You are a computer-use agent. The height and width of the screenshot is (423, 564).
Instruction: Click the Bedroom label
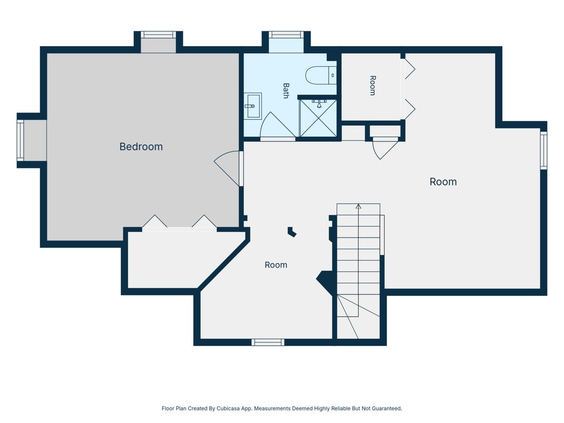(141, 147)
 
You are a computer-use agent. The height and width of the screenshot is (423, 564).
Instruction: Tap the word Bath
(286, 91)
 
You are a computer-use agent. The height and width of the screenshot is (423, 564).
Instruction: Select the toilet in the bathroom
(321, 75)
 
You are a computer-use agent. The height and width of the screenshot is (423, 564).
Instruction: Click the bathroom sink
(252, 106)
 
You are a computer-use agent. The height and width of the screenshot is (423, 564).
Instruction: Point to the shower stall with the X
(318, 118)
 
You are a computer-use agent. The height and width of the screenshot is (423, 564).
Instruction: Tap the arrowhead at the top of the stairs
(359, 206)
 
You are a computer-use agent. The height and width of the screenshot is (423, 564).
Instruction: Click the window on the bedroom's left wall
(20, 141)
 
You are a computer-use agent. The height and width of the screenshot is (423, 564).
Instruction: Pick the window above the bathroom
(286, 35)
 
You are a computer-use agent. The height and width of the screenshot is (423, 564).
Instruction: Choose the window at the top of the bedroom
(158, 35)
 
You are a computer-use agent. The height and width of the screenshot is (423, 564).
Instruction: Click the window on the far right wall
(543, 150)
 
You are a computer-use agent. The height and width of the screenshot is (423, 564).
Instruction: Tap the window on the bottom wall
(268, 342)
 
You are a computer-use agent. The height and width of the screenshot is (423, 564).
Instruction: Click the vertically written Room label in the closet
(373, 86)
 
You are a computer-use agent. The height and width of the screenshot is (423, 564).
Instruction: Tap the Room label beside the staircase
(276, 265)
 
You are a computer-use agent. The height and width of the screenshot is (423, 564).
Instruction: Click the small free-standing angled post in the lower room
(292, 231)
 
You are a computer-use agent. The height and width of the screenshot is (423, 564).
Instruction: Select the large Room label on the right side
(443, 182)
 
